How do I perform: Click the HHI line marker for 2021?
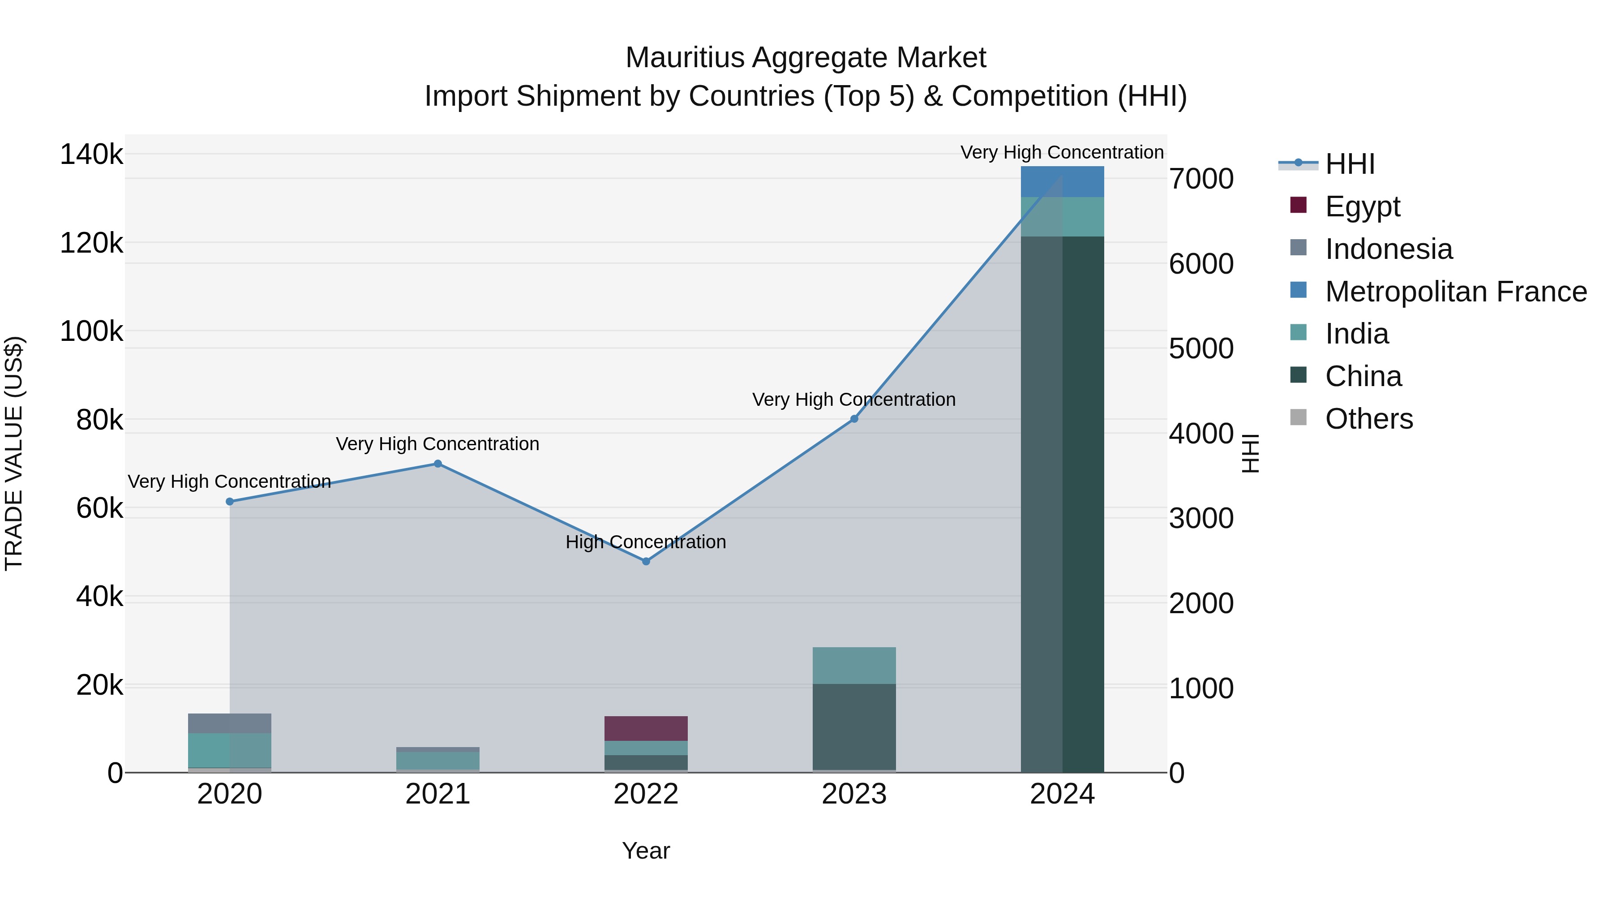(x=437, y=464)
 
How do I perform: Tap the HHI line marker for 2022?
(x=646, y=562)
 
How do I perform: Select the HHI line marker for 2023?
(x=854, y=419)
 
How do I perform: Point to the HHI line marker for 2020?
(x=230, y=501)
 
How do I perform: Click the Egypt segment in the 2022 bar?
(x=646, y=728)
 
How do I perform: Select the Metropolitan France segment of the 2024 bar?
(x=1062, y=181)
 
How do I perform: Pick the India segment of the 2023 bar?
(x=854, y=666)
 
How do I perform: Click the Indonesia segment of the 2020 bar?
(x=230, y=723)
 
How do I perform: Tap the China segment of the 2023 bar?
(x=854, y=726)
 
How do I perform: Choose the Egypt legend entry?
(x=1362, y=206)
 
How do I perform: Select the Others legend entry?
(x=1368, y=419)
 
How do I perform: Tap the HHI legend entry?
(x=1349, y=164)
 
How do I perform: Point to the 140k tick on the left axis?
(x=91, y=155)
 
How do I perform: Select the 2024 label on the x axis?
(x=1062, y=794)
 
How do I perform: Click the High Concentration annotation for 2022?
(x=646, y=542)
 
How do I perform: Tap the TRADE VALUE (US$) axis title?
(x=14, y=453)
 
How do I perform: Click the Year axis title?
(x=646, y=851)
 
